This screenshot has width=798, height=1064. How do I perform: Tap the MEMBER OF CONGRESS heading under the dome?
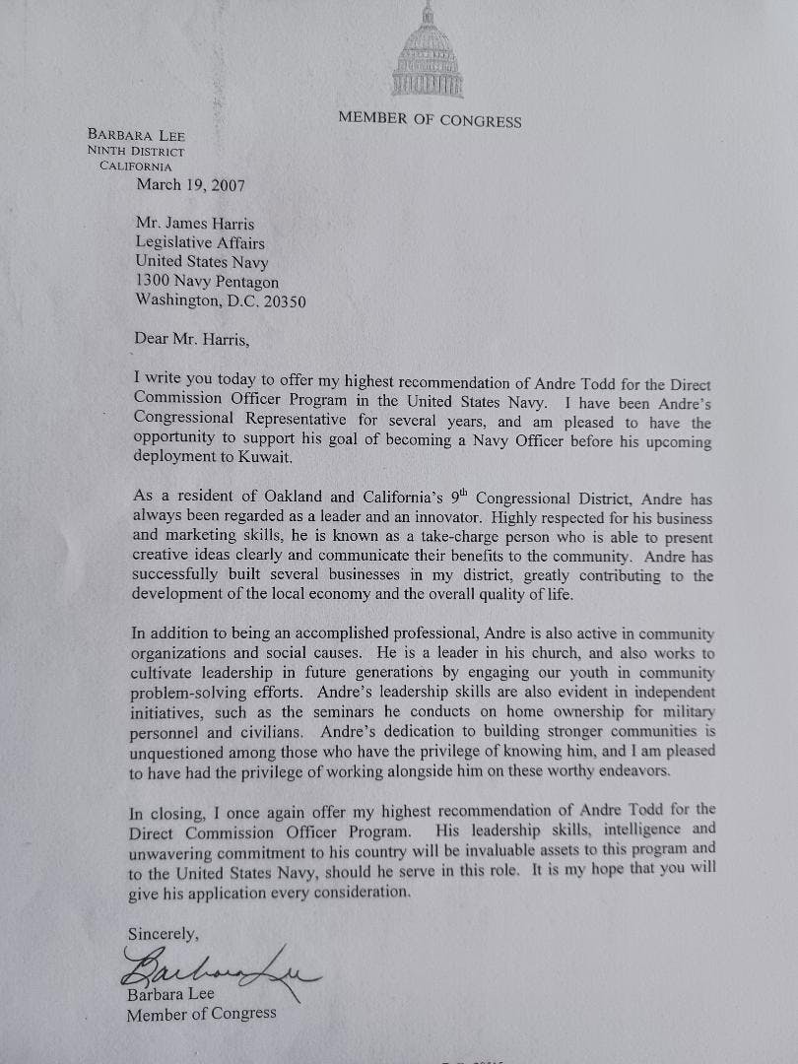[x=430, y=120]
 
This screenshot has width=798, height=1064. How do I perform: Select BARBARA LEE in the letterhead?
[x=136, y=135]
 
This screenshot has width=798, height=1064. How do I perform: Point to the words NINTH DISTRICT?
[x=136, y=151]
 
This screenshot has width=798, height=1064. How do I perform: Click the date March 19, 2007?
[x=190, y=184]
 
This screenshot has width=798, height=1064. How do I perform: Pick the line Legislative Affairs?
[x=200, y=242]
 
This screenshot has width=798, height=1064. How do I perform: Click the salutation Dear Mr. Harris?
[x=195, y=340]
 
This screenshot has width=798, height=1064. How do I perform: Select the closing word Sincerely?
[x=163, y=933]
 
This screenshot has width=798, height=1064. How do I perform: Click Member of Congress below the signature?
[x=201, y=1012]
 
